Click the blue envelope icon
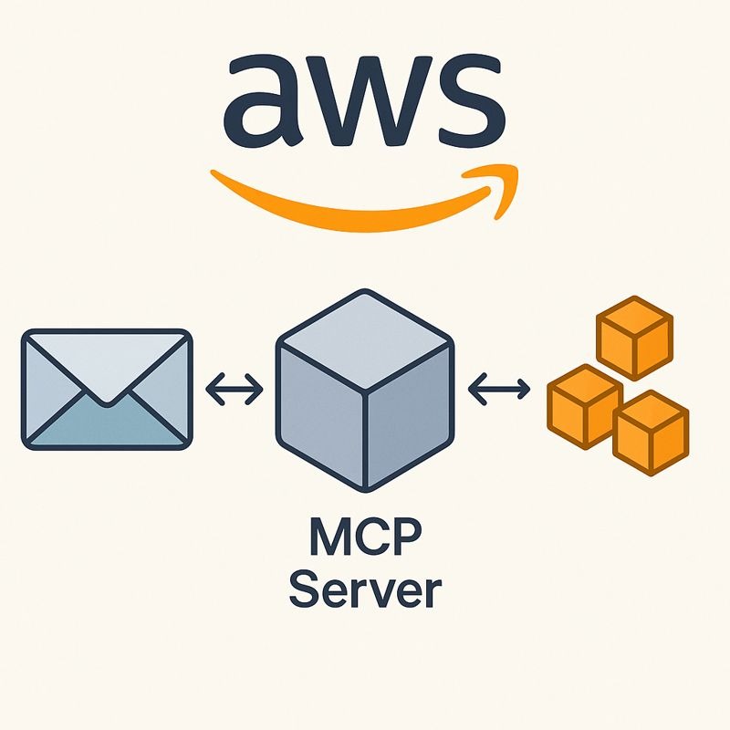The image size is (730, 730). (107, 389)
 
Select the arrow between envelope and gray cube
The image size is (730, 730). (235, 390)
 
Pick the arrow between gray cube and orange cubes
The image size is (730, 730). (497, 390)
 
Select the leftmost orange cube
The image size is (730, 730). (584, 407)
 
